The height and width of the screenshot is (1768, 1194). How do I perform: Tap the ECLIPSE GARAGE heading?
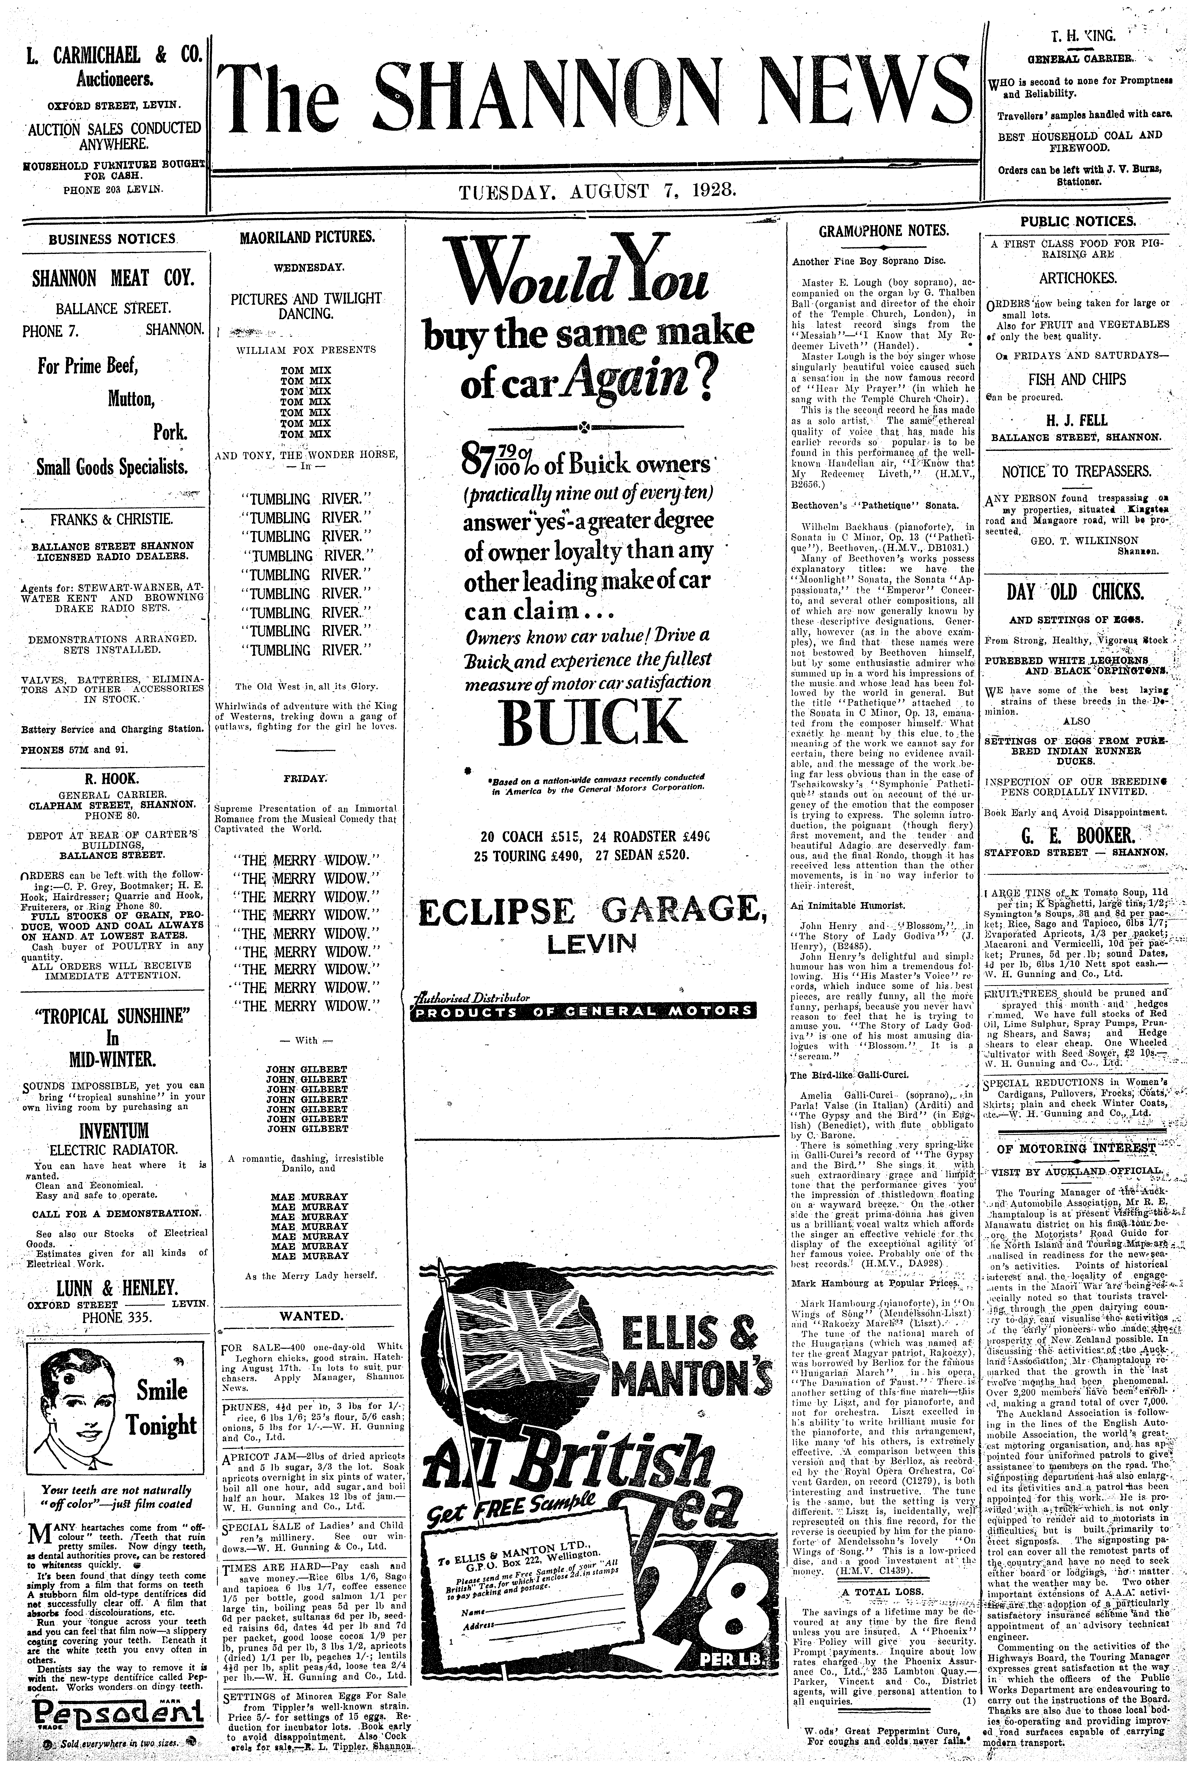[x=591, y=913]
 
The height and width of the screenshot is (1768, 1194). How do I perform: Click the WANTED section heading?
[x=311, y=1315]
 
